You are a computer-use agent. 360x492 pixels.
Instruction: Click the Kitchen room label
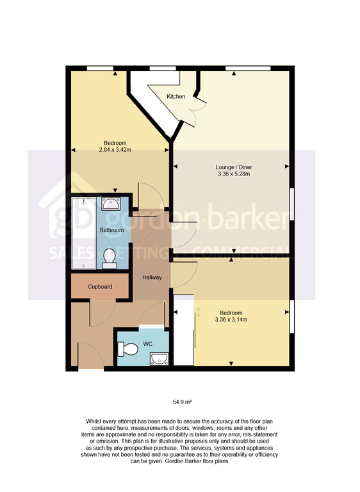[176, 97]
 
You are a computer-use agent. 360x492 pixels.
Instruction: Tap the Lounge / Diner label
[234, 167]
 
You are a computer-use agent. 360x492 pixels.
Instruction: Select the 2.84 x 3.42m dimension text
[115, 150]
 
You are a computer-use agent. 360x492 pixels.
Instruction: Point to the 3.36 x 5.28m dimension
[234, 174]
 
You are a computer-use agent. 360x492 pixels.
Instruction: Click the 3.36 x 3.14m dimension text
[231, 320]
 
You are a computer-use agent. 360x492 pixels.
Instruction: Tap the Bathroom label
[111, 230]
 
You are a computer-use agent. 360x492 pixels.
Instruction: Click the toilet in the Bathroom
[110, 259]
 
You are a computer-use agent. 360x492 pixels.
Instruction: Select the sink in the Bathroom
[110, 204]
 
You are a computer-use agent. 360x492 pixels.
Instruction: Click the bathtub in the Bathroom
[84, 233]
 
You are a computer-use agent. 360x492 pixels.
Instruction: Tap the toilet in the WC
[127, 349]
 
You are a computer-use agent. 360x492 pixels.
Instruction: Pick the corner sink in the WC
[160, 359]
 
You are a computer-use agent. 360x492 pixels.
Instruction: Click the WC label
[148, 344]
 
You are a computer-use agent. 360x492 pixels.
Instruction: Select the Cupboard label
[100, 287]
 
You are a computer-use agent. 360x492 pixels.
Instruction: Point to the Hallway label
[152, 277]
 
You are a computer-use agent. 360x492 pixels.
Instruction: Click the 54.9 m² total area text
[183, 402]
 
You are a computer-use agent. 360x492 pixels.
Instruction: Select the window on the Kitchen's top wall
[163, 69]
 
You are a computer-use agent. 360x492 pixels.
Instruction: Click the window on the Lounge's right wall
[292, 204]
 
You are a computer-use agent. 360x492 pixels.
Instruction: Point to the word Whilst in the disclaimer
[94, 422]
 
